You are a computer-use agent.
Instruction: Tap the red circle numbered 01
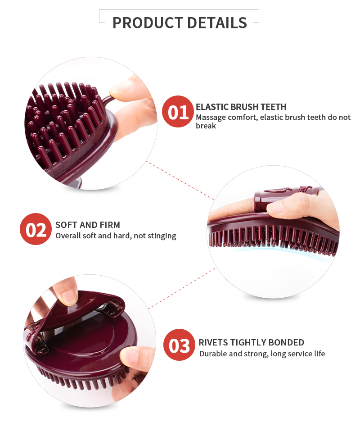point(178,112)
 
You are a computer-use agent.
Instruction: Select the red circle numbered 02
point(36,229)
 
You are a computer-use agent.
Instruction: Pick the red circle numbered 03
point(179,345)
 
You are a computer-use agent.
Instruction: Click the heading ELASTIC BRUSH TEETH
point(241,107)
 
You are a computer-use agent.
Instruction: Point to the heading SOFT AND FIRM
point(88,225)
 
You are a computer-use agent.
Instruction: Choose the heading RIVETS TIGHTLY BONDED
point(251,342)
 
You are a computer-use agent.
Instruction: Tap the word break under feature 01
point(206,126)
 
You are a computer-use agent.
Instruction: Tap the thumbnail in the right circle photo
point(275,208)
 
